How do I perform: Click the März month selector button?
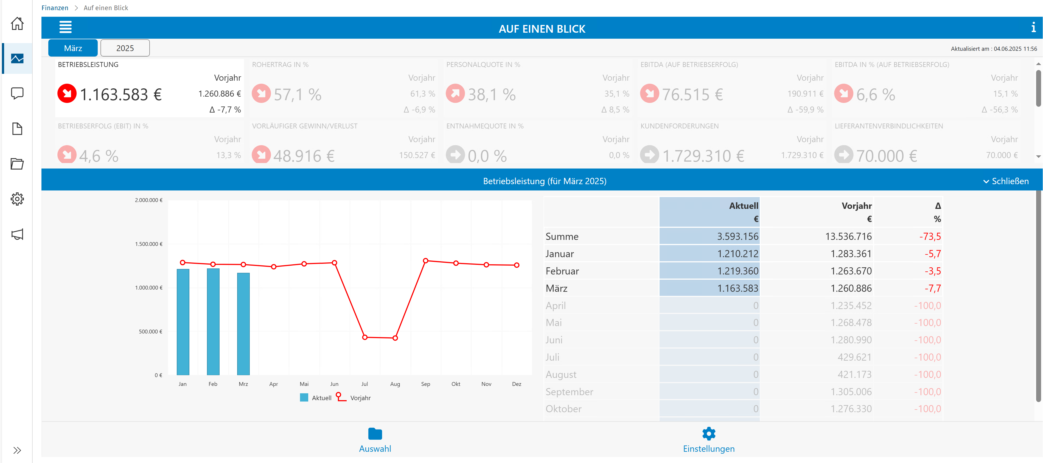[x=73, y=48]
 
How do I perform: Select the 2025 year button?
[x=125, y=48]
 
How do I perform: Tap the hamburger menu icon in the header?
[x=66, y=27]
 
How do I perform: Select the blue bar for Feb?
[x=213, y=321]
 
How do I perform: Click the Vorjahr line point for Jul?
[x=365, y=337]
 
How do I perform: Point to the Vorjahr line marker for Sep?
[x=425, y=261]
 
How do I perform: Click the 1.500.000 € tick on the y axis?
[x=148, y=244]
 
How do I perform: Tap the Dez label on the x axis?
[x=517, y=384]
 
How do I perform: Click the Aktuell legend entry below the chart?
[x=316, y=398]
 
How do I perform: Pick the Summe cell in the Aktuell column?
[x=709, y=236]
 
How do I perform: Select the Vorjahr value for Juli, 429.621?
[x=854, y=357]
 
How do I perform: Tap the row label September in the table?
[x=569, y=392]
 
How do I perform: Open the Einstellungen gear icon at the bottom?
[x=709, y=433]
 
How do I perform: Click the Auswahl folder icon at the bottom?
[x=375, y=433]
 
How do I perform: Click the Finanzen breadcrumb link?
[x=55, y=8]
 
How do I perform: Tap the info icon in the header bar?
[x=1033, y=27]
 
